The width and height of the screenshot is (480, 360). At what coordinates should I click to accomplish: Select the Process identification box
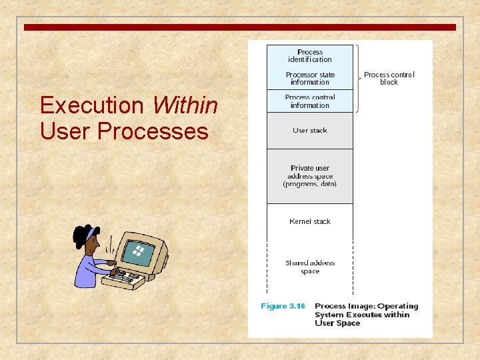coord(310,56)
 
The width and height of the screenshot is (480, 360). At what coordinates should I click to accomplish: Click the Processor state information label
coord(310,79)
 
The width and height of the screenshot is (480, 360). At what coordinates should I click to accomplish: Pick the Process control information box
coord(310,101)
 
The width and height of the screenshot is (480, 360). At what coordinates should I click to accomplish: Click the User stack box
coord(310,131)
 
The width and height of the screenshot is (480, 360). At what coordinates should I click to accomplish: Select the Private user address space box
coord(310,176)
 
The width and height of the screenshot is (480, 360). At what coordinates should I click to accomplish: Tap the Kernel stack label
coord(310,221)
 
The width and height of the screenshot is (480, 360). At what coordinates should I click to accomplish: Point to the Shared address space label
coord(310,267)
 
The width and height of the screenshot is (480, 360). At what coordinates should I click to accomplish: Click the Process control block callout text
coord(389,79)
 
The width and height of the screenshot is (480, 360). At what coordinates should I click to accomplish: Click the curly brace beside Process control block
coord(358,79)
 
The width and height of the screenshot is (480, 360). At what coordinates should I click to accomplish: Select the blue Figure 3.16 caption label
coord(283,307)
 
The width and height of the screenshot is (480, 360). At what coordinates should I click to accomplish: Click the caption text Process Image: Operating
coord(366,307)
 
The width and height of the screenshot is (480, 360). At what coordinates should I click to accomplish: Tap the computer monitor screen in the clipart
coord(139,252)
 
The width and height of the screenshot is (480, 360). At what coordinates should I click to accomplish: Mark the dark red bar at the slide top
coord(240,27)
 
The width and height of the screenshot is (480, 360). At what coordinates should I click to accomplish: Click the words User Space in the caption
coord(337,323)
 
